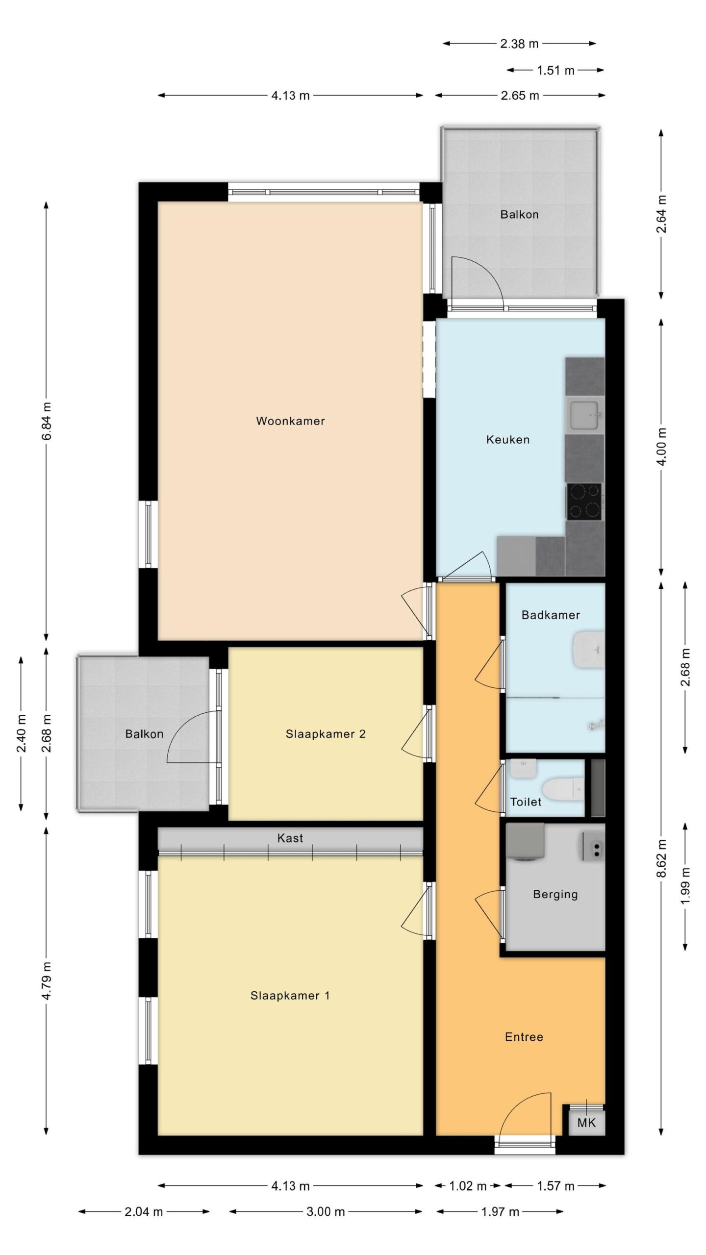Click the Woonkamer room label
click(x=290, y=421)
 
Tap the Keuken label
click(x=508, y=440)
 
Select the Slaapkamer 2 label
click(x=326, y=734)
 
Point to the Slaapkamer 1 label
click(x=290, y=996)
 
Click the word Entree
click(x=524, y=1037)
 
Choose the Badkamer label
click(x=551, y=615)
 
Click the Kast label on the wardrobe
click(x=290, y=838)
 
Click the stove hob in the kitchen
click(x=584, y=501)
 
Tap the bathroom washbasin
click(x=588, y=650)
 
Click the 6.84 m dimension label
click(x=47, y=422)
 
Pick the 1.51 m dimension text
click(x=555, y=71)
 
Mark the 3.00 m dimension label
click(x=326, y=1212)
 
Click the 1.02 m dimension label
click(x=468, y=1186)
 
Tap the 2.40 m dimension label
click(x=21, y=734)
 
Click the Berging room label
click(x=555, y=895)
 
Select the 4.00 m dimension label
click(x=661, y=447)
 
